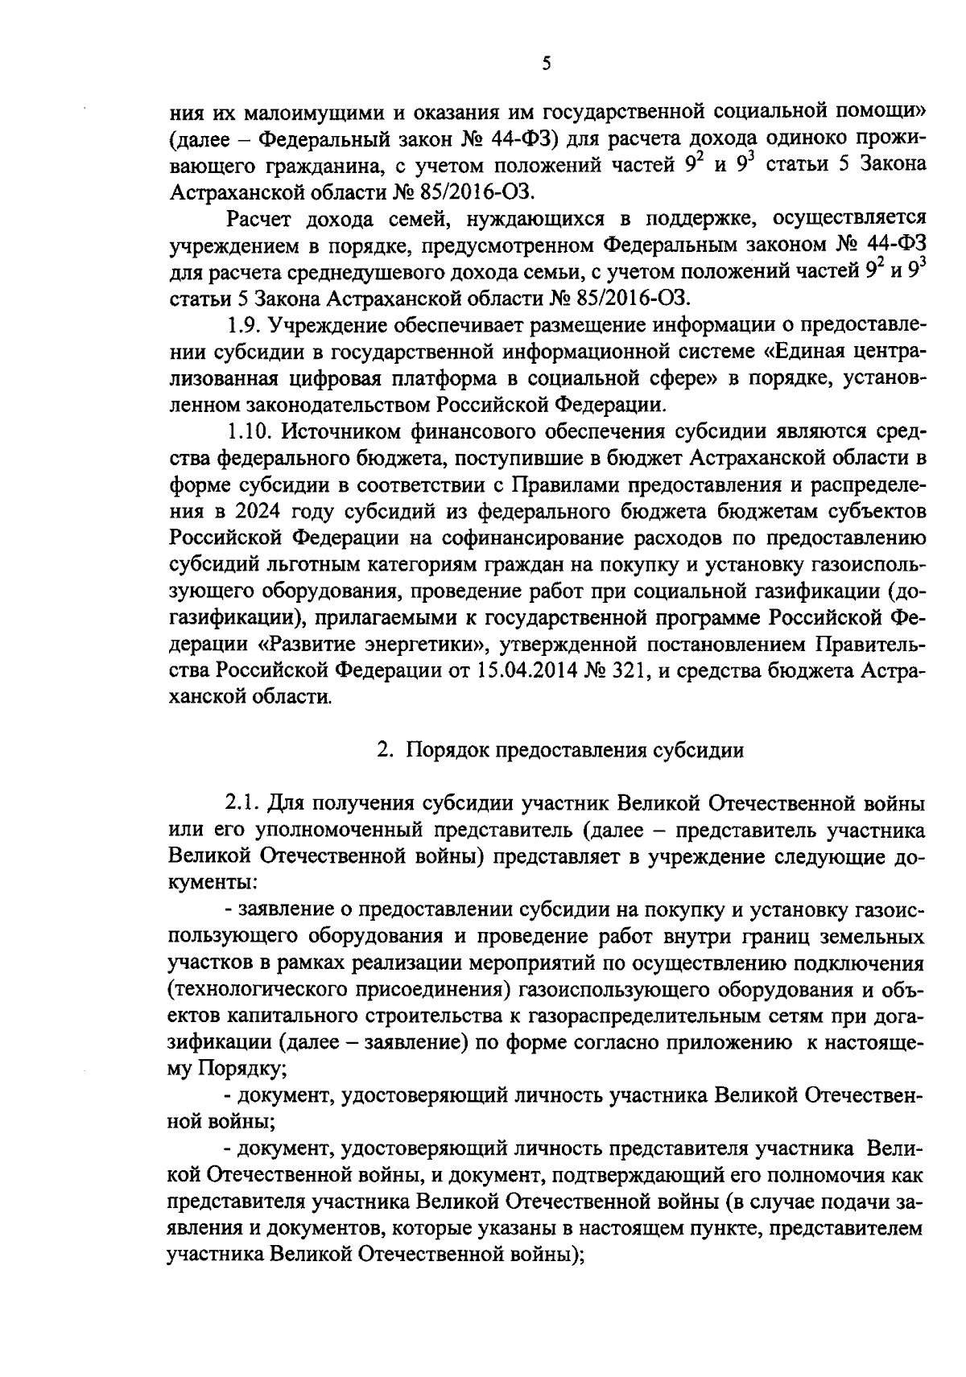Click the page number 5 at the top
tap(547, 64)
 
